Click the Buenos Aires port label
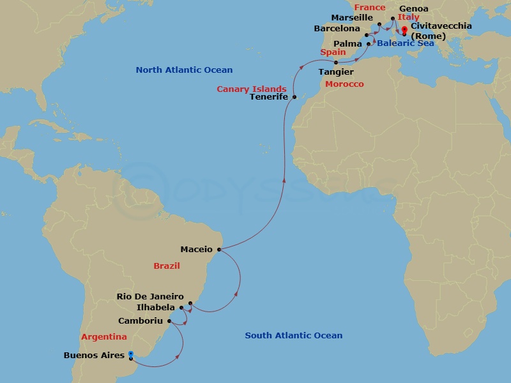tap(94, 356)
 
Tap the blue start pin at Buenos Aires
tap(131, 354)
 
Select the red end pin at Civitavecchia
tap(404, 29)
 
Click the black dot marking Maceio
tap(219, 250)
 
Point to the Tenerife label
tap(268, 97)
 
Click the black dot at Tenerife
tap(294, 97)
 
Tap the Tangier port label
tap(336, 72)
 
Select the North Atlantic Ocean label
tap(184, 70)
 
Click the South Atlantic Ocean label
tap(294, 335)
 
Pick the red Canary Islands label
tap(251, 89)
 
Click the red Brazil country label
tap(167, 266)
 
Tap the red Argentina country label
tap(104, 336)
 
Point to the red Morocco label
tap(344, 84)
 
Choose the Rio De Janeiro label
tap(150, 297)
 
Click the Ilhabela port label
tap(156, 307)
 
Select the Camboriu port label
tap(141, 320)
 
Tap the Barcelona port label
tap(337, 29)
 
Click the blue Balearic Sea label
tap(406, 43)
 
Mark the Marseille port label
tap(351, 18)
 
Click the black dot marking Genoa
tap(393, 19)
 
